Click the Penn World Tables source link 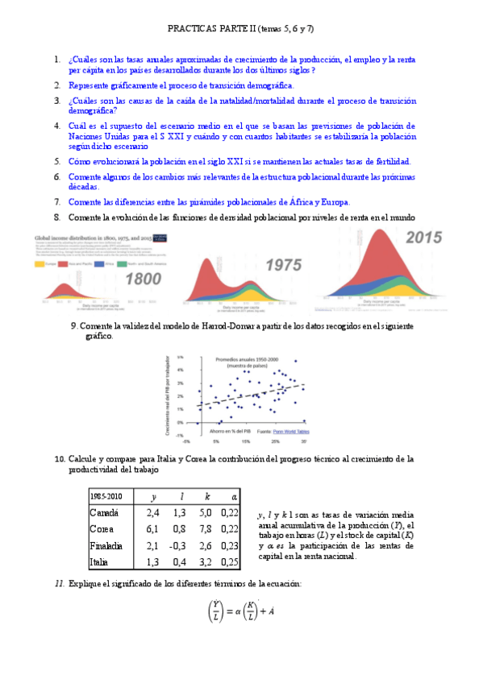(x=291, y=432)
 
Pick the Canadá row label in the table (x=105, y=512)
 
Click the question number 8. (x=57, y=217)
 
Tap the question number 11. (x=59, y=582)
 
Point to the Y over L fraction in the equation (x=215, y=612)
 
